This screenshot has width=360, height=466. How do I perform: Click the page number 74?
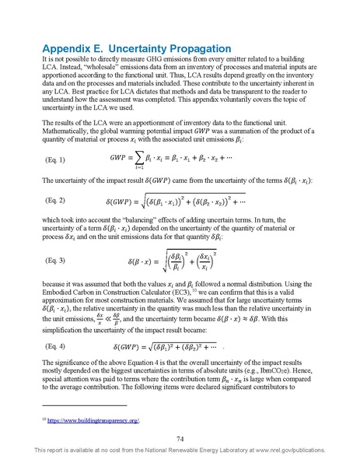pyautogui.click(x=180, y=440)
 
